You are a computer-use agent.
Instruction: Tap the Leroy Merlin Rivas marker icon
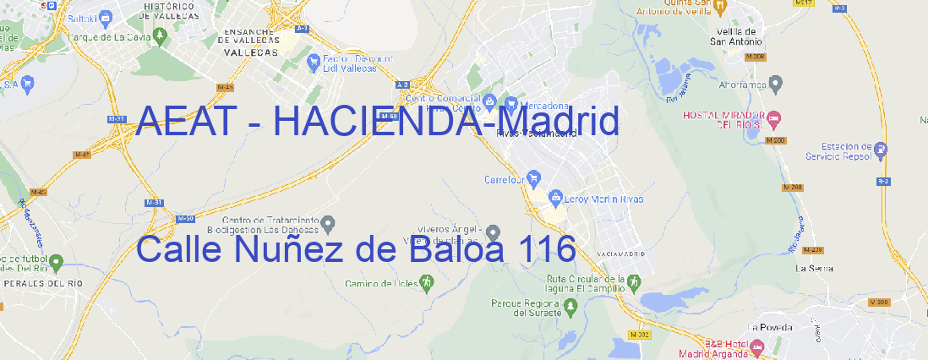555,198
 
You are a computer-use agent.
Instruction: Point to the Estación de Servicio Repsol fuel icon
882,150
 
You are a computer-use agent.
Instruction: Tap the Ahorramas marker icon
777,83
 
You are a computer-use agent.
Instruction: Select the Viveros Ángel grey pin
494,232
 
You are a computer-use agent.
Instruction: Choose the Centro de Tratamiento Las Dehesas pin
330,222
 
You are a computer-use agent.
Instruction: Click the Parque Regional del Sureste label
526,307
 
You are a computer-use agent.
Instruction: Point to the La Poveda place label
769,326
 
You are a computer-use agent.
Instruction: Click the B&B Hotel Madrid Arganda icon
757,346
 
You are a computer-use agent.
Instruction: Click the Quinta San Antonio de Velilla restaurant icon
719,8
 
